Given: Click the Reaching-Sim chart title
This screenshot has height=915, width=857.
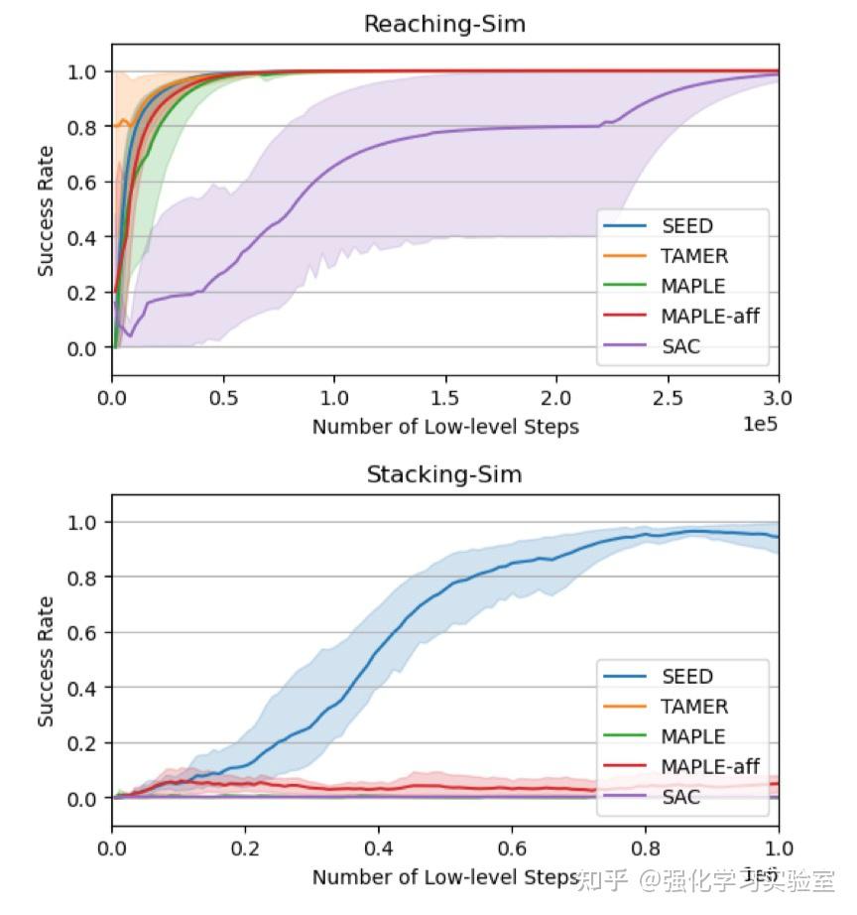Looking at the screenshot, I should [x=444, y=24].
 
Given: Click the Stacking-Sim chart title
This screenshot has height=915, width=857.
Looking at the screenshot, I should [x=444, y=474].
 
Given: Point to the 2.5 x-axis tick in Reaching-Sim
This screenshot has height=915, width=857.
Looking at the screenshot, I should [x=668, y=398].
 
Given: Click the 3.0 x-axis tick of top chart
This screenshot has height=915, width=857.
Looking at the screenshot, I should [x=779, y=398].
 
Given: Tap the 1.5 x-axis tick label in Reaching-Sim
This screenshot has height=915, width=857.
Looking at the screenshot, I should [x=445, y=398].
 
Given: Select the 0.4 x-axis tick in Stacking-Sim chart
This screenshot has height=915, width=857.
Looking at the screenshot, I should [x=379, y=849].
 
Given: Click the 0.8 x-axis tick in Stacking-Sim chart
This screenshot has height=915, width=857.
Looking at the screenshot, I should [x=645, y=849].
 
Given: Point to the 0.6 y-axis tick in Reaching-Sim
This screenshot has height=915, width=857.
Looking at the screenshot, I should [x=84, y=182].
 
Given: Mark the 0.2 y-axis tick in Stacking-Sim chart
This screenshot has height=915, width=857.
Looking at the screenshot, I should [x=84, y=743].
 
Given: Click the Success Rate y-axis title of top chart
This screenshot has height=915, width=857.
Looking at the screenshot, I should [x=46, y=209].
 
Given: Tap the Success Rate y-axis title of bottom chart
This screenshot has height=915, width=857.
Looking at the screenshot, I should [x=46, y=660].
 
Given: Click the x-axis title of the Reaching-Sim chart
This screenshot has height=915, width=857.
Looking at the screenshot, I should [x=445, y=427].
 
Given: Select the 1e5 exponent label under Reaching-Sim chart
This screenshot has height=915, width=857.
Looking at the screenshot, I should [x=760, y=424].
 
